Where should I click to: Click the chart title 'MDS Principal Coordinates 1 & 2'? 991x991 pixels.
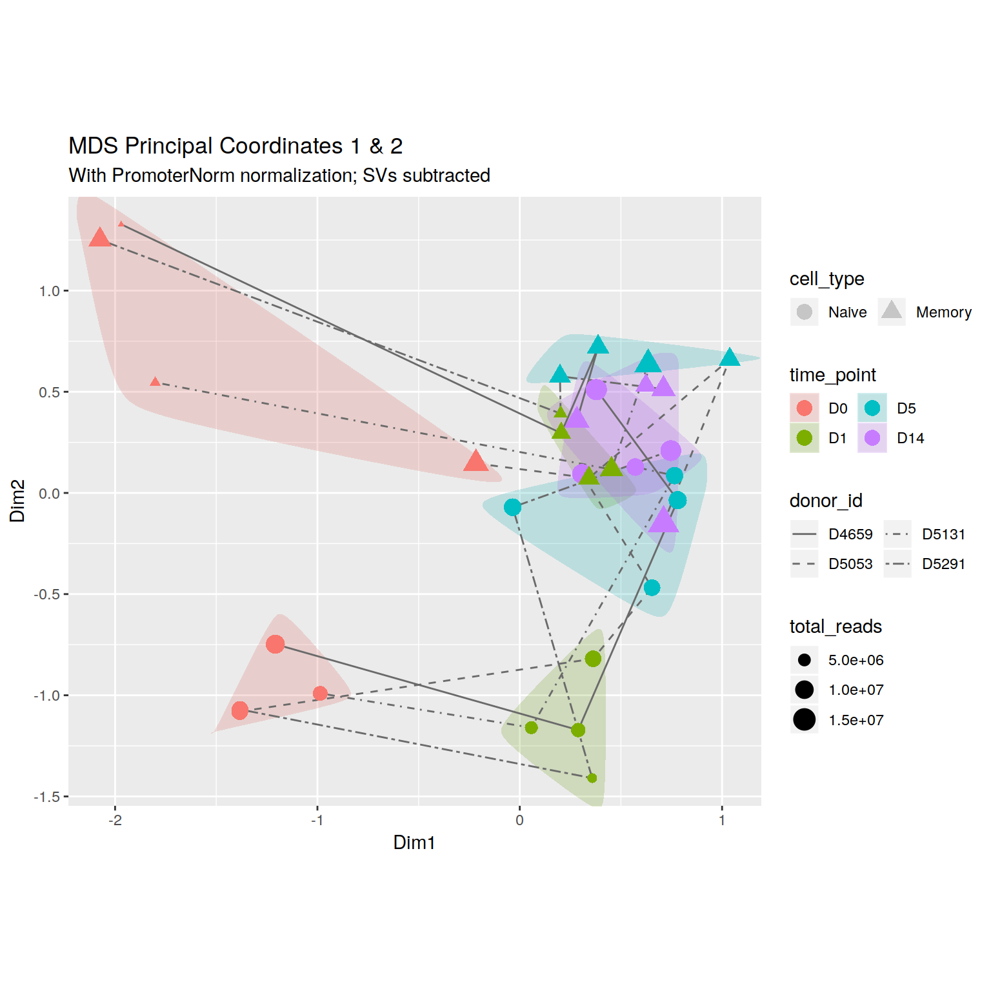point(235,146)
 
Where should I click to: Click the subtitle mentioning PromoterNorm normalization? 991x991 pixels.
point(279,175)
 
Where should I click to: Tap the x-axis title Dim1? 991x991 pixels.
point(414,843)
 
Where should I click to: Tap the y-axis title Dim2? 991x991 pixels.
point(17,501)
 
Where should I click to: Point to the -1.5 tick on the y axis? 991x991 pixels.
point(46,797)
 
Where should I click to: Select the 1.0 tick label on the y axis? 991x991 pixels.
point(50,291)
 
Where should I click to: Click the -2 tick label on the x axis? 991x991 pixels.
point(115,821)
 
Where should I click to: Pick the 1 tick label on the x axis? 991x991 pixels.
point(722,821)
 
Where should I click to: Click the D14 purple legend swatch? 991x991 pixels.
point(872,438)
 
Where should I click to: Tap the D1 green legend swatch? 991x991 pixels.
point(805,438)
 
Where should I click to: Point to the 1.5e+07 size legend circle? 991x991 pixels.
point(805,719)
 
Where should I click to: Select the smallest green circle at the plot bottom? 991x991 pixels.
point(592,778)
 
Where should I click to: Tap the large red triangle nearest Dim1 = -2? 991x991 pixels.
point(99,237)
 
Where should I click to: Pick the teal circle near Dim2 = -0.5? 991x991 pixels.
point(652,588)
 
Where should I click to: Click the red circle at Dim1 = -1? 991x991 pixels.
point(320,694)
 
